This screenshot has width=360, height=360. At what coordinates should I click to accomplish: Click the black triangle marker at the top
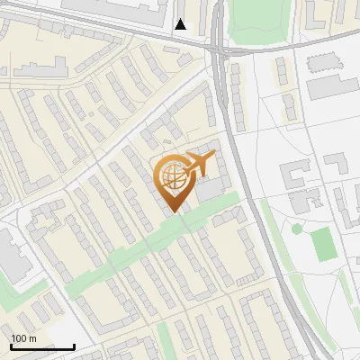(181, 24)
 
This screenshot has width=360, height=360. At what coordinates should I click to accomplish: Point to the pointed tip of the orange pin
(172, 211)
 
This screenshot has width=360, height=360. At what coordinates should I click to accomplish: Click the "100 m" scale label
(23, 338)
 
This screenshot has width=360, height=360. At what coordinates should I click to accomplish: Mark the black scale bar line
(42, 346)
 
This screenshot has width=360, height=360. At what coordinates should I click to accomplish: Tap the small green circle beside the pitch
(297, 229)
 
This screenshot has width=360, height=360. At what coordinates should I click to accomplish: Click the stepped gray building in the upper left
(40, 69)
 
